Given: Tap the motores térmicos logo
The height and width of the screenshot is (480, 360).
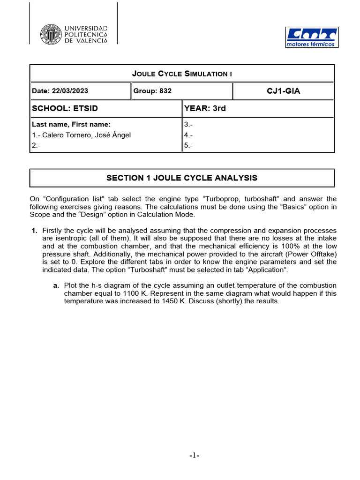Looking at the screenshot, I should click(311, 37).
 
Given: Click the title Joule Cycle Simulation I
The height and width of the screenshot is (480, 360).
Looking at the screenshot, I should click(182, 74).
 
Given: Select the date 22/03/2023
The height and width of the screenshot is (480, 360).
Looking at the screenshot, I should click(60, 91).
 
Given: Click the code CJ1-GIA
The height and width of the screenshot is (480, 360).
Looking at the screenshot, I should click(283, 91).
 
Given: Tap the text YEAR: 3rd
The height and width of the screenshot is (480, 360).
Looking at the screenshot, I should click(205, 108).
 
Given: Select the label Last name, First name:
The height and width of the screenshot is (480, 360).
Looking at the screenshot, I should click(71, 124).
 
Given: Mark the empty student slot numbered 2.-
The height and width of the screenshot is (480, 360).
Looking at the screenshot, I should click(36, 146).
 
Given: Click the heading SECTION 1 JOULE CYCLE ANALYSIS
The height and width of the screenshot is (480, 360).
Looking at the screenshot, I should click(182, 178).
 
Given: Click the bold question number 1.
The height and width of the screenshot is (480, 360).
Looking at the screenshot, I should click(34, 231).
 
